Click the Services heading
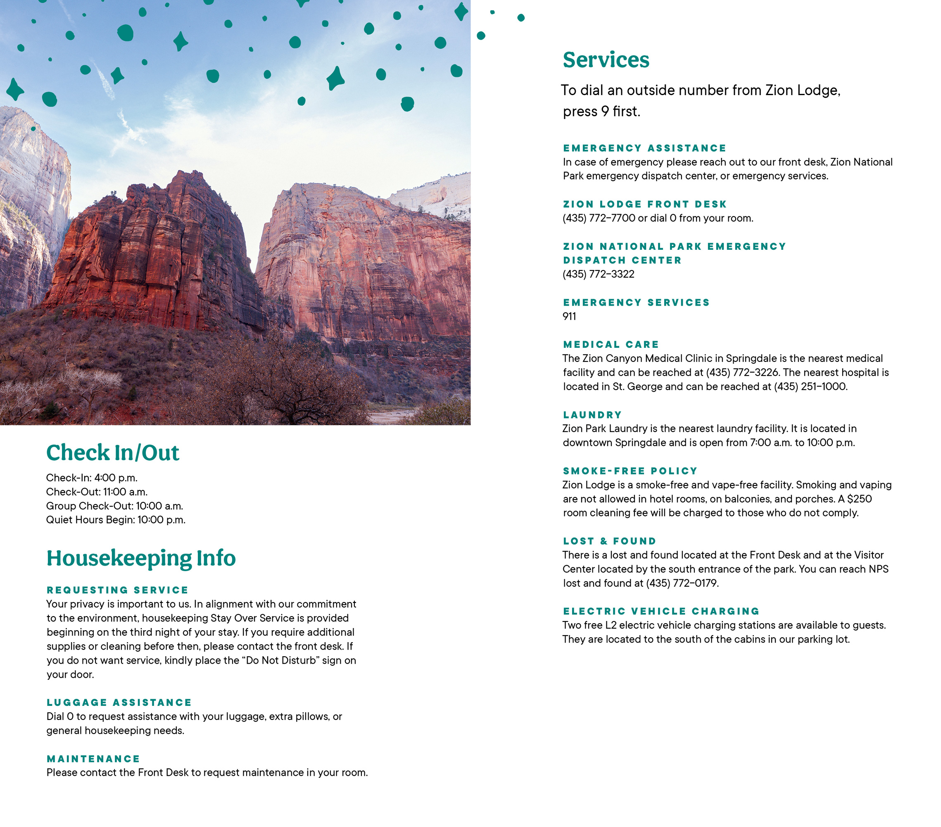(x=606, y=60)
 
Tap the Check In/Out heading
(x=112, y=452)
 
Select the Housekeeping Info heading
(x=141, y=558)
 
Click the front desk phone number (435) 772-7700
(x=599, y=218)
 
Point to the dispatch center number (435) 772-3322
(x=598, y=274)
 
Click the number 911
(x=569, y=316)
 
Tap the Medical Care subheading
(x=611, y=344)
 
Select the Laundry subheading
(x=592, y=415)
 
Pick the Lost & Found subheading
(x=610, y=541)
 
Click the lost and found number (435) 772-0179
(x=682, y=583)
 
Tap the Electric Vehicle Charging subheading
(x=661, y=612)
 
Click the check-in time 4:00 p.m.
(x=116, y=478)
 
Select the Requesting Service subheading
(x=117, y=590)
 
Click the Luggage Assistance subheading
(x=119, y=703)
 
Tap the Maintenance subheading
(x=93, y=759)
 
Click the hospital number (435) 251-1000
(x=810, y=387)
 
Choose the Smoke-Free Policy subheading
(x=630, y=471)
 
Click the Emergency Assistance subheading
(x=644, y=148)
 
